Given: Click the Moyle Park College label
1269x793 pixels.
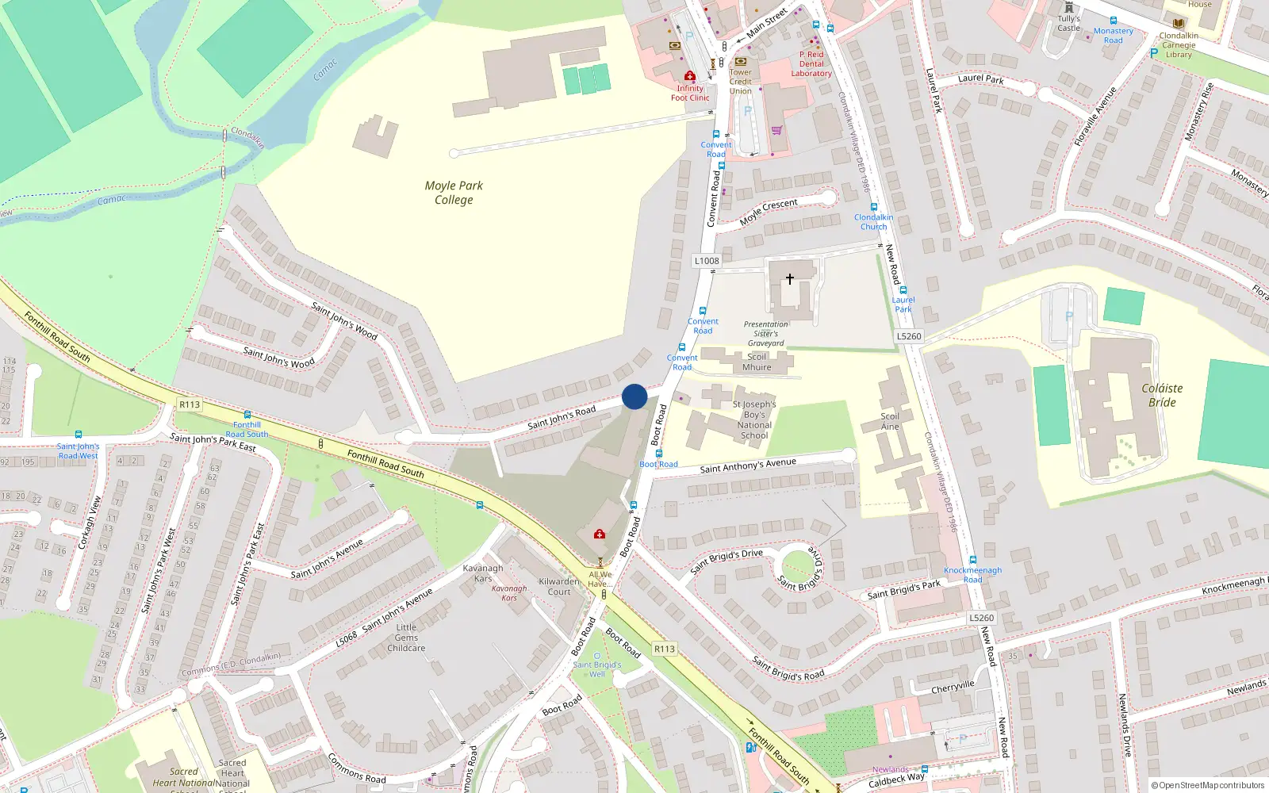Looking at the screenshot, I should pyautogui.click(x=454, y=193).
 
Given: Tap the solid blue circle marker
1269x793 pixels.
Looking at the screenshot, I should pyautogui.click(x=634, y=396).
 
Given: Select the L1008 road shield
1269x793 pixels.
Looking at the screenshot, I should pyautogui.click(x=707, y=261).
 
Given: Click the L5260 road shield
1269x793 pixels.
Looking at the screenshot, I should pyautogui.click(x=909, y=336).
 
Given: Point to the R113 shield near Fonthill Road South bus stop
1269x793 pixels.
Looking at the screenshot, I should pyautogui.click(x=190, y=404).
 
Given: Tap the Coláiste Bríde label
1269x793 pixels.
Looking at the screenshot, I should pyautogui.click(x=1162, y=395).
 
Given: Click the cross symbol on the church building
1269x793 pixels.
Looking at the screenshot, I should pyautogui.click(x=790, y=279).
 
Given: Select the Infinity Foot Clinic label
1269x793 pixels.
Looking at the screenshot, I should pyautogui.click(x=690, y=93).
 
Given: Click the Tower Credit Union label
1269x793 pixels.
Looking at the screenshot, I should pyautogui.click(x=741, y=82).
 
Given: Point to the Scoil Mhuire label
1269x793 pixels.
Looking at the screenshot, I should pyautogui.click(x=757, y=362).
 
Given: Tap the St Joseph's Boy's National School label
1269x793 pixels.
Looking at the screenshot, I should pyautogui.click(x=754, y=419).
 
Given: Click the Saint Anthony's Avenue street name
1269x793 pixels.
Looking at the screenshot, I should pyautogui.click(x=748, y=465).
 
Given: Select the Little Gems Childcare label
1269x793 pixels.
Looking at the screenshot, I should pyautogui.click(x=406, y=638).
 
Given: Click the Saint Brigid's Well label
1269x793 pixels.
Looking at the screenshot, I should pyautogui.click(x=597, y=669).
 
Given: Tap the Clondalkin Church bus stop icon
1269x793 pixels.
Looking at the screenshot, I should pyautogui.click(x=874, y=207).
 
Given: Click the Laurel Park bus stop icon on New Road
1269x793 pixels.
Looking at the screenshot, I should pyautogui.click(x=903, y=290).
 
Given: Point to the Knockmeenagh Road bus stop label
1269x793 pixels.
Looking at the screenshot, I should pyautogui.click(x=972, y=575).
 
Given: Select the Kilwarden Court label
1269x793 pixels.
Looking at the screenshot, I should pyautogui.click(x=559, y=586).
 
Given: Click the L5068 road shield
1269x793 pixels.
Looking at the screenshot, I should pyautogui.click(x=346, y=639).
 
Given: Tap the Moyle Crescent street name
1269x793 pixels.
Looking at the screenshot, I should pyautogui.click(x=769, y=212).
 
